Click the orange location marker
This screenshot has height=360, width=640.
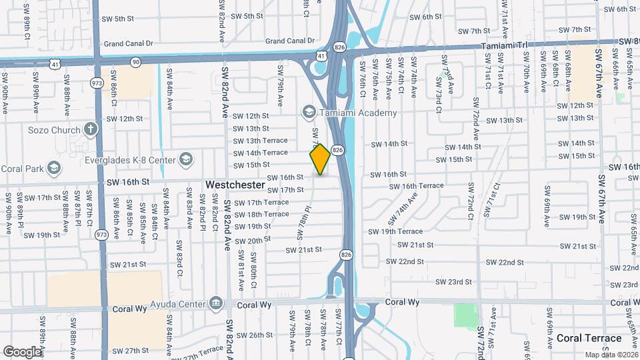coord(320,159)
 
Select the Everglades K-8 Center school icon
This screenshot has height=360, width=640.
coord(186,159)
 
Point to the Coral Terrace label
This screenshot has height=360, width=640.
coord(589,339)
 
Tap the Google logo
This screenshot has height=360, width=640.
coord(21,351)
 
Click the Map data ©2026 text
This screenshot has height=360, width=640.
coord(611,355)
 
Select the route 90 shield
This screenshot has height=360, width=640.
coord(135,62)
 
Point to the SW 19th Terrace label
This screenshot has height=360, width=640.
coord(397,231)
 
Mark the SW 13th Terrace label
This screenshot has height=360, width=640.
coord(260,141)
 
